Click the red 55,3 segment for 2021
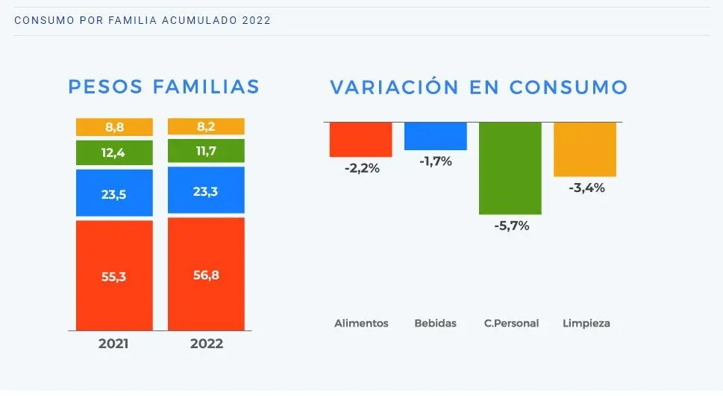(x=114, y=275)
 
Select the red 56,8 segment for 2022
(x=206, y=273)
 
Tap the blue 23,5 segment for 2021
(x=114, y=193)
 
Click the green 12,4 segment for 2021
(x=114, y=152)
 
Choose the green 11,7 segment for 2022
(x=206, y=150)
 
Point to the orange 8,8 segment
(x=114, y=127)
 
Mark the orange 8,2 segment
(x=206, y=126)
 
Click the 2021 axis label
(x=113, y=344)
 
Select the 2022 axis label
(x=207, y=344)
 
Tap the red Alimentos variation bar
(x=361, y=139)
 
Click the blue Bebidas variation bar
(x=436, y=136)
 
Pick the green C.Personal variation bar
(x=510, y=168)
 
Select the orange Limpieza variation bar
(x=585, y=149)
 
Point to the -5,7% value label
(x=512, y=226)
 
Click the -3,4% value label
(x=586, y=188)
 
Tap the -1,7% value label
(x=436, y=161)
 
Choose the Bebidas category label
(x=435, y=324)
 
